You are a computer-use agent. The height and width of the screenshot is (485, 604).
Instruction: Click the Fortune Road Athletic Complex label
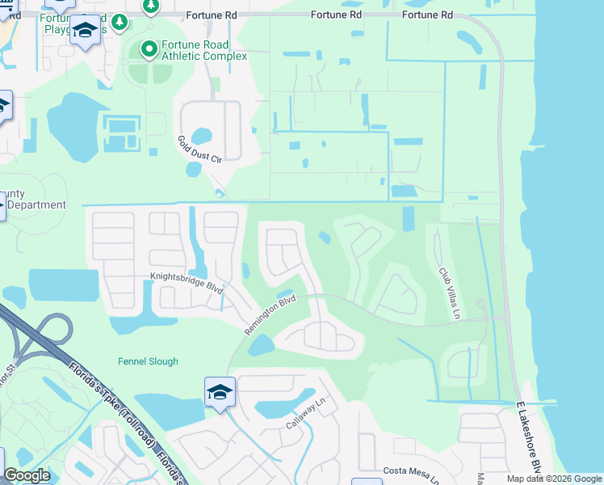pyautogui.click(x=194, y=50)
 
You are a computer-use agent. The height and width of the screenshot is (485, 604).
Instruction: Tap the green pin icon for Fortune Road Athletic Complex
pyautogui.click(x=149, y=50)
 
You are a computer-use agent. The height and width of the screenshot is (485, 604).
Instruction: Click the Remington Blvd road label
pyautogui.click(x=271, y=316)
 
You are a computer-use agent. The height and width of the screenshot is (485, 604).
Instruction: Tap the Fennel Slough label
pyautogui.click(x=147, y=361)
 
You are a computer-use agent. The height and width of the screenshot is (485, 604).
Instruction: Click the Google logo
pyautogui.click(x=27, y=475)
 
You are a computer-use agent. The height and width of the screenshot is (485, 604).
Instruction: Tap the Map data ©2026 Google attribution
pyautogui.click(x=554, y=479)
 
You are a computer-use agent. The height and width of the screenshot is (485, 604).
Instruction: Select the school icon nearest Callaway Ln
pyautogui.click(x=220, y=393)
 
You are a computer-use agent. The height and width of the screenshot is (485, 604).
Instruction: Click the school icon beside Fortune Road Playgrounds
pyautogui.click(x=86, y=32)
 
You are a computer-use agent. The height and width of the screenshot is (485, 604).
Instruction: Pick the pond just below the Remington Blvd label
pyautogui.click(x=262, y=345)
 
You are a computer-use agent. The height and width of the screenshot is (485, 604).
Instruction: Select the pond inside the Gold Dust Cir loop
pyautogui.click(x=202, y=135)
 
